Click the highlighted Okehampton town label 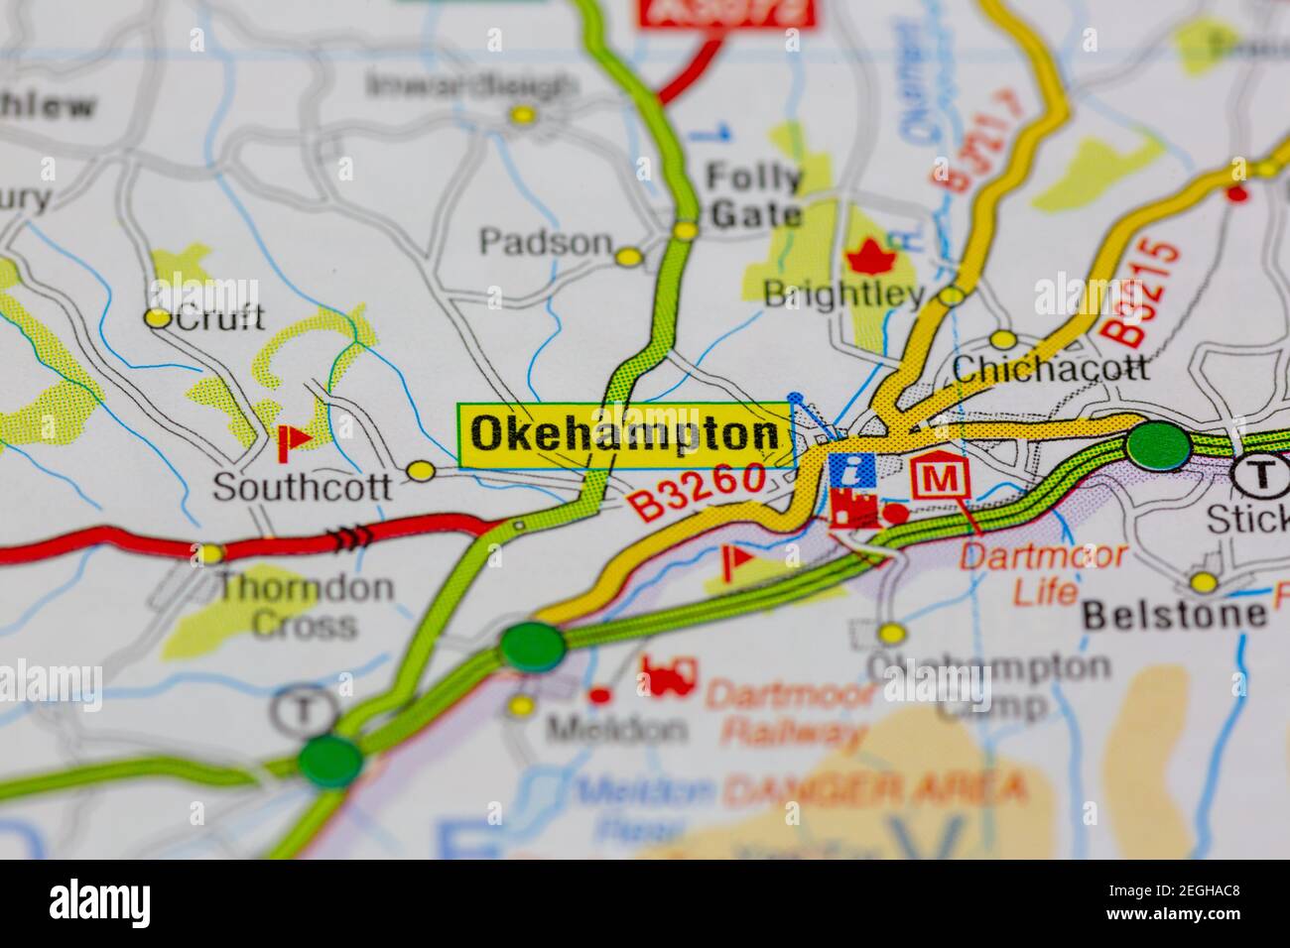click(625, 434)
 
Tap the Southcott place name click(302, 486)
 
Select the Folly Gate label click(753, 195)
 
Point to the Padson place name click(545, 242)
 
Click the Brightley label click(843, 294)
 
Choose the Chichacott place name click(1050, 369)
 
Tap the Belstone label click(1175, 615)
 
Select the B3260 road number click(699, 491)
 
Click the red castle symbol click(854, 509)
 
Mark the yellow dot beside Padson click(628, 258)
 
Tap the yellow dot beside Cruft click(157, 318)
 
